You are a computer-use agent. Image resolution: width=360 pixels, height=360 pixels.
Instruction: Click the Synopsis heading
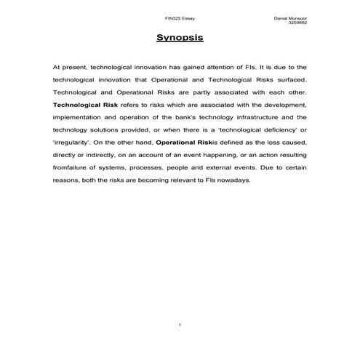point(180,38)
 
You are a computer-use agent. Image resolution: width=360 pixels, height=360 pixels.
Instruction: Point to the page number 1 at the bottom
point(180,323)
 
